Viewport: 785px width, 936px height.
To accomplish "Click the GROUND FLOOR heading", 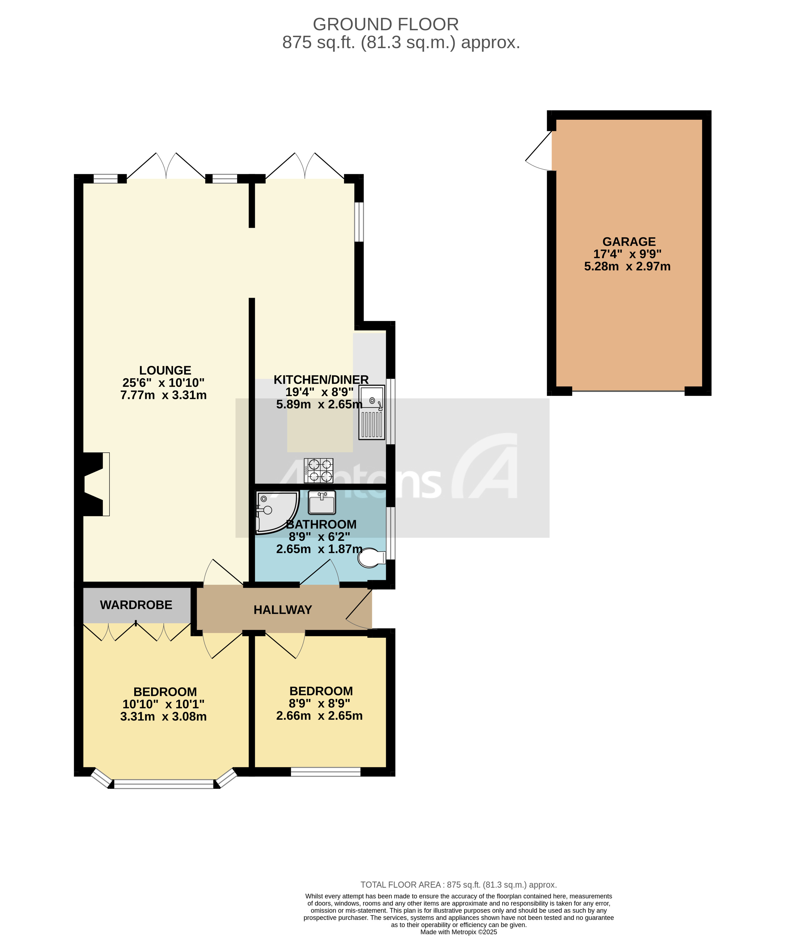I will [386, 24].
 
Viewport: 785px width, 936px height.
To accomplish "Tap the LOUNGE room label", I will [165, 370].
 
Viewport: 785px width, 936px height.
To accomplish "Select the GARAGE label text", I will [628, 242].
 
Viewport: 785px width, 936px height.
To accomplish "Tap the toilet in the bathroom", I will [372, 558].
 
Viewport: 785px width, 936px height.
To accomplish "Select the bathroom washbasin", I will [322, 502].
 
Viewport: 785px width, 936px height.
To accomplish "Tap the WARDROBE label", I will [136, 605].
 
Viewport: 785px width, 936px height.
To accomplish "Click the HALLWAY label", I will [283, 610].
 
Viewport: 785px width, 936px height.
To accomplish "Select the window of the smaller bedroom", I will [325, 772].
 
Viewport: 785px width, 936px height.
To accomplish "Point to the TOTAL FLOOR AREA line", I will [458, 885].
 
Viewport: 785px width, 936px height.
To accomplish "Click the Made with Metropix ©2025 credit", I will [458, 932].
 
